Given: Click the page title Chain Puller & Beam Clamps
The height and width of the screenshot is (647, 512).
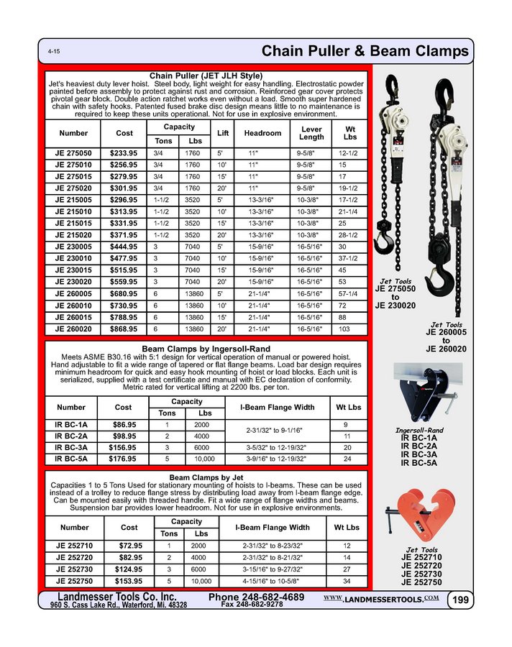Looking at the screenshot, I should [x=365, y=51].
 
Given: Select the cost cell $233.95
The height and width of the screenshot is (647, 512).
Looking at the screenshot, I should [x=124, y=154].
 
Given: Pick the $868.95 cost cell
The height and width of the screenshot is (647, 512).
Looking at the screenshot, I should [x=124, y=329].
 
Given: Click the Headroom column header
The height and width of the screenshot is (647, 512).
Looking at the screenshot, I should [x=262, y=133].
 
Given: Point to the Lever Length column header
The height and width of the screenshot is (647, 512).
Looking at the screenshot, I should [x=311, y=133].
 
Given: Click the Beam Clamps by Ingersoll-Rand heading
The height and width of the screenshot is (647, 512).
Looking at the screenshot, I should [x=207, y=349].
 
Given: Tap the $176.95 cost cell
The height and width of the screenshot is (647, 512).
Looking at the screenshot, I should [x=124, y=458].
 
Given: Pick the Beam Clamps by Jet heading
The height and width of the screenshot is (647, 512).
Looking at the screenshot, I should [x=207, y=477].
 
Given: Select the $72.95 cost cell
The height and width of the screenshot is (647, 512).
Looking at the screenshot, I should [x=124, y=546].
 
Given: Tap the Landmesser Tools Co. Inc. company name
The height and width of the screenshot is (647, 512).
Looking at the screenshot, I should [x=116, y=597].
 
